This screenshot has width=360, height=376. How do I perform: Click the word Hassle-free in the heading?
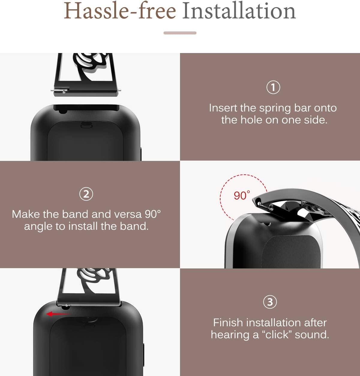(x=120, y=10)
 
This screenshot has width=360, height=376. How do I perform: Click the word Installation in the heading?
(x=239, y=10)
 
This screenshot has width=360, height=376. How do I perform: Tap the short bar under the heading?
(x=180, y=33)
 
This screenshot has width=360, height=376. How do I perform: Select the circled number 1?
(x=273, y=87)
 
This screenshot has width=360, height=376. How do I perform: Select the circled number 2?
(x=86, y=194)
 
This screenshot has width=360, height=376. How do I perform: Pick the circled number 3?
(x=270, y=302)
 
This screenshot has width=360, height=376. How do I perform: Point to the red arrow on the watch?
(x=58, y=314)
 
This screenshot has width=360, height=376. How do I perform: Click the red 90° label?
(x=242, y=195)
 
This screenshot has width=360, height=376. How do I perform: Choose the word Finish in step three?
(x=228, y=323)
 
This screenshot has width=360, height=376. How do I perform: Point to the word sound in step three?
(x=312, y=335)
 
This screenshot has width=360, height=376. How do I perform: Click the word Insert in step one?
(x=223, y=108)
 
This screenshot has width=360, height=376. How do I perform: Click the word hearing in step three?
(x=230, y=335)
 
